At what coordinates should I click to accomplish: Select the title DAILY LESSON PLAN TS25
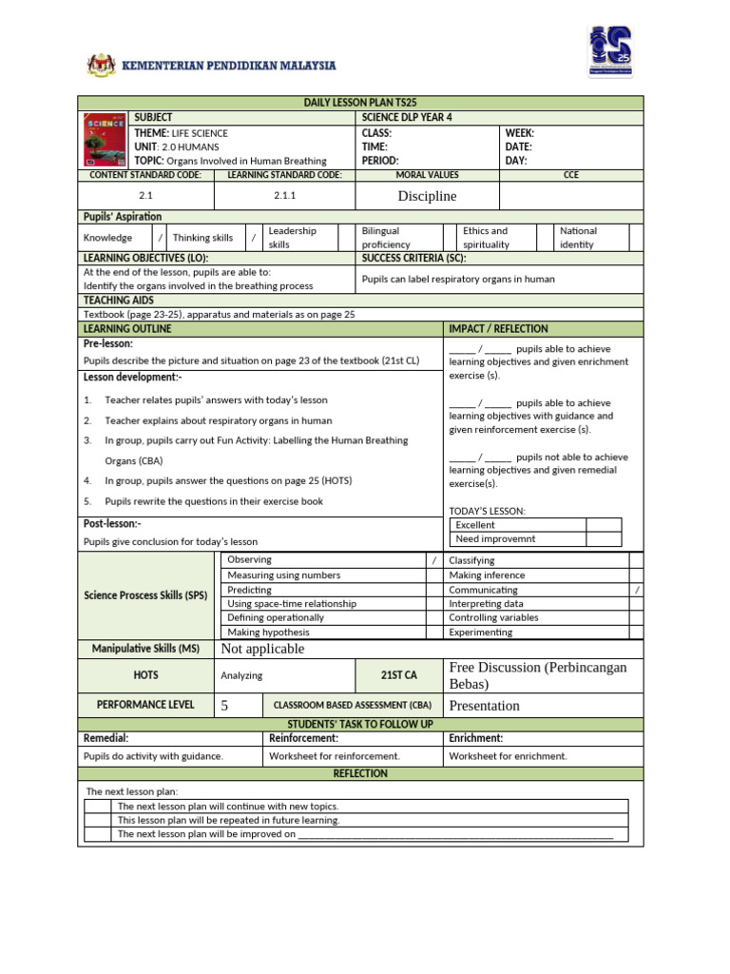[360, 103]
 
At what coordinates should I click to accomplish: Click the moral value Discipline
[427, 196]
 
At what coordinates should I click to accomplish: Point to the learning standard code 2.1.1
[285, 195]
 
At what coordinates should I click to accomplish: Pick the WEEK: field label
[519, 133]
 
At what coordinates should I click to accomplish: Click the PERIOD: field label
[380, 161]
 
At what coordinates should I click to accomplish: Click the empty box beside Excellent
[604, 525]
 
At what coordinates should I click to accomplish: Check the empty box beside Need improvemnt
[604, 539]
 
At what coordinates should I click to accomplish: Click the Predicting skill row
[250, 590]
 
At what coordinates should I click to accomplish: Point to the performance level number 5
[225, 706]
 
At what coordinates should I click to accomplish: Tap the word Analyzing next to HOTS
[241, 675]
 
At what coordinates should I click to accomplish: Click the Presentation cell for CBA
[485, 706]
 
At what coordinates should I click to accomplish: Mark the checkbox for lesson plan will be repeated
[98, 820]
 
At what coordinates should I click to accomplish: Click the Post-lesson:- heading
[112, 524]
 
